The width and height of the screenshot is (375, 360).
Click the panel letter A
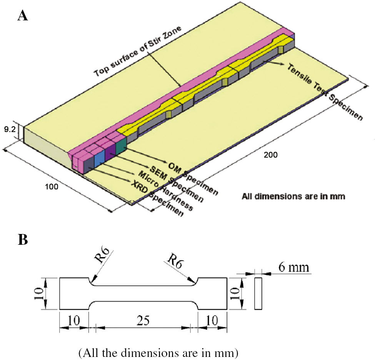click(23, 17)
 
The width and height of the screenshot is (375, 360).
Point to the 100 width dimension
click(51, 187)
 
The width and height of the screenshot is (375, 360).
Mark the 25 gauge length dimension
click(143, 319)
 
